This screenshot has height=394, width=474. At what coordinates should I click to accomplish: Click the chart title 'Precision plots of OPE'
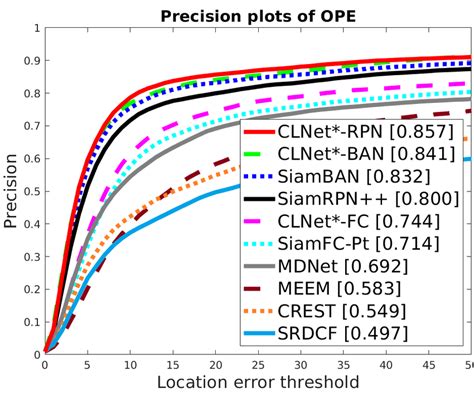point(257,13)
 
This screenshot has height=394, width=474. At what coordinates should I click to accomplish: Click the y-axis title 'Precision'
point(12,190)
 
